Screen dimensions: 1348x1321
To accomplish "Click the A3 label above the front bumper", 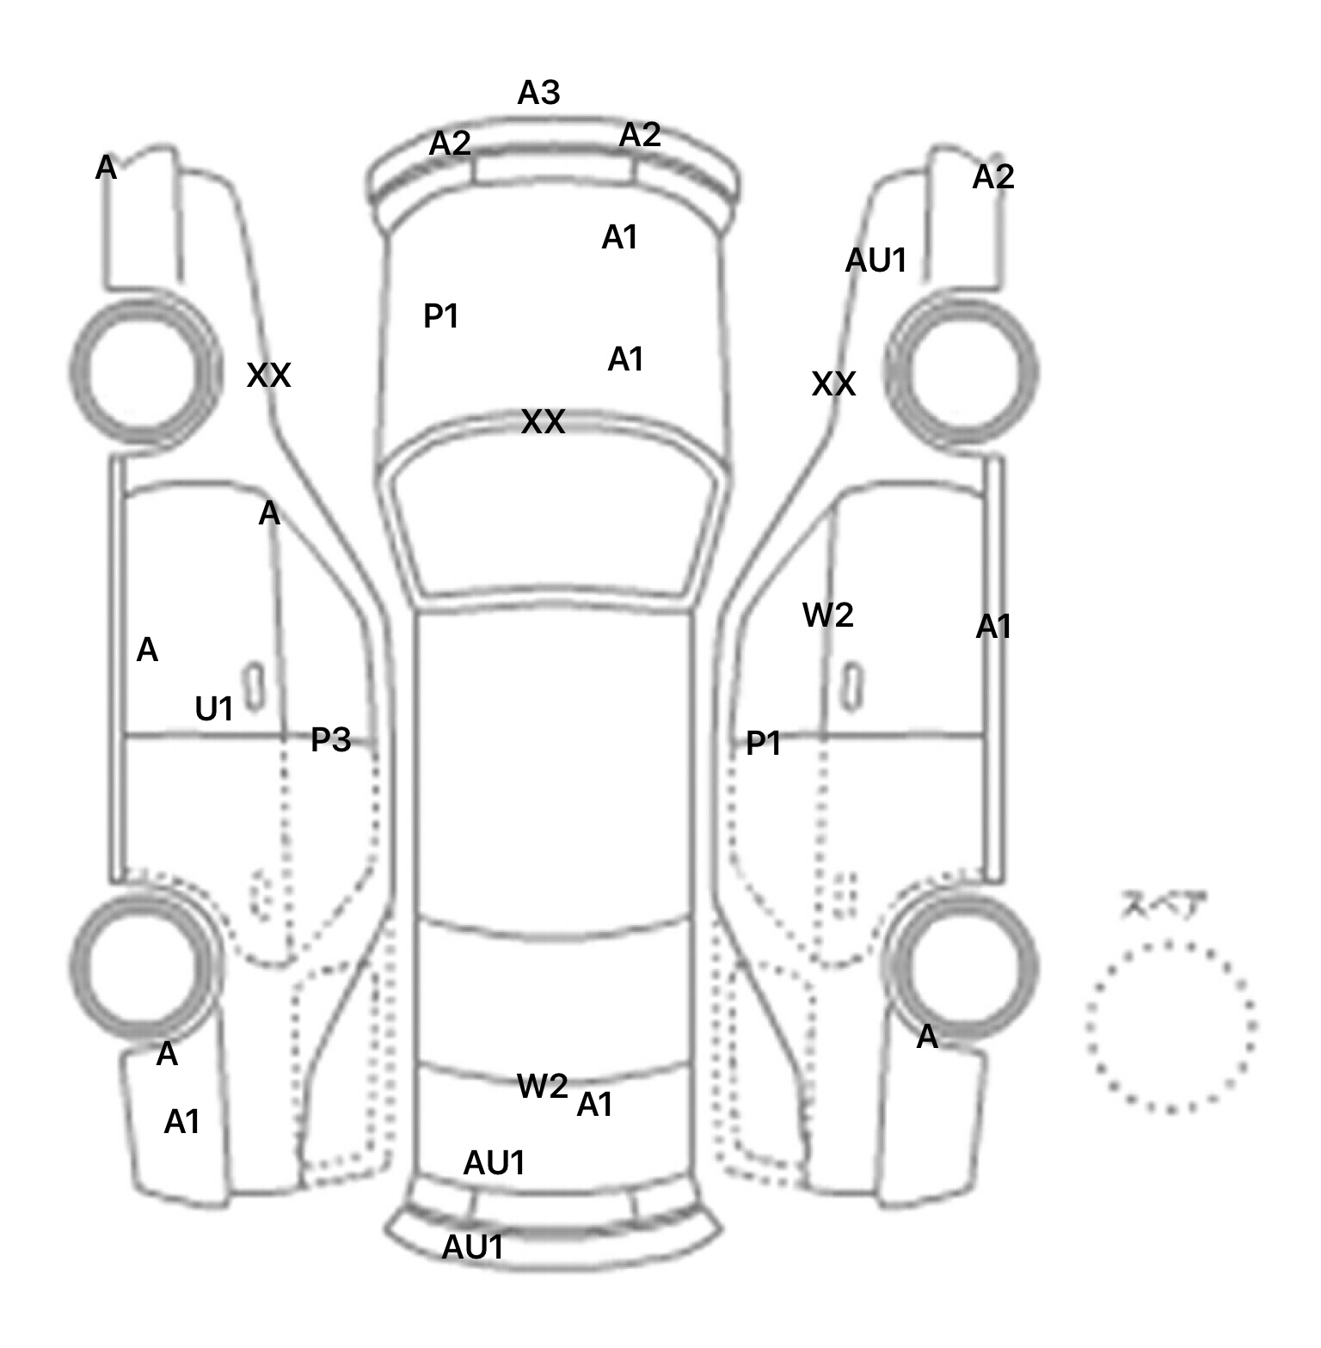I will pos(538,93).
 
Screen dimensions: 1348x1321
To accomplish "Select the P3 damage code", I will pos(331,739).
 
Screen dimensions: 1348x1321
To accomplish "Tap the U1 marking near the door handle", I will pos(214,709).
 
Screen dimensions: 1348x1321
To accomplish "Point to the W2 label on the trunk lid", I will pos(542,1087).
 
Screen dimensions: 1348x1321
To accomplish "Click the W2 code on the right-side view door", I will pos(827,616).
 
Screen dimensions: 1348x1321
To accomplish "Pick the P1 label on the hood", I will pos(441,317).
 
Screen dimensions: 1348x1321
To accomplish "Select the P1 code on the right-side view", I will pos(763,744).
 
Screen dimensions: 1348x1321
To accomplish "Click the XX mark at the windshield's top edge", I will pos(544,422).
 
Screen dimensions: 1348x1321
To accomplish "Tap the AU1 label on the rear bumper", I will pos(472,1247).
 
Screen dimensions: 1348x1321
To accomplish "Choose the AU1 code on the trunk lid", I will pos(494,1163).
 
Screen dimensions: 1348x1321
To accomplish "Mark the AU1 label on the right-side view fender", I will pos(876,260).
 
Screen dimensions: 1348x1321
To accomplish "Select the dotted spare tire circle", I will pos(1170,1026).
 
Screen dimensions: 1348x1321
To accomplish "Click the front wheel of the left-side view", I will pos(144,371).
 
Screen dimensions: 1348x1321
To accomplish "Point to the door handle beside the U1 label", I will pos(254,687).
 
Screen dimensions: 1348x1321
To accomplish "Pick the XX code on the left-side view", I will pos(268,376).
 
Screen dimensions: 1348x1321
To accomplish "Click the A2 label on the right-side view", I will pos(993,177).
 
